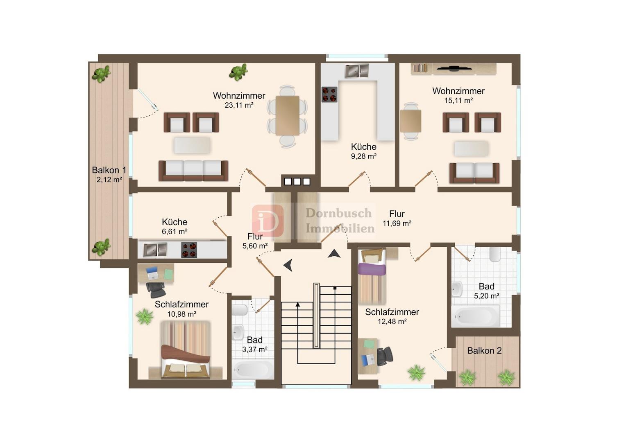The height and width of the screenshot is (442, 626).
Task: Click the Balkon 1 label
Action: (109, 170)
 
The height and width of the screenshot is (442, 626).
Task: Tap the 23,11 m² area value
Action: (239, 105)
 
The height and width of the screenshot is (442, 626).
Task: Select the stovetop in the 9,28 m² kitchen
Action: (329, 95)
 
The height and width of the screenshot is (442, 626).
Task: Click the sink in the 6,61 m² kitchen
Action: (155, 250)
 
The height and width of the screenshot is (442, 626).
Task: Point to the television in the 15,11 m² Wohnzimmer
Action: (454, 68)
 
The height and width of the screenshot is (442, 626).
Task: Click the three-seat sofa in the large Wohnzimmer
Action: (193, 171)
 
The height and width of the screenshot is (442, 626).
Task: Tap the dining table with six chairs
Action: (287, 115)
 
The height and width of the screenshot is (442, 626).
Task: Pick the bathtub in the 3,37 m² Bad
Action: (253, 370)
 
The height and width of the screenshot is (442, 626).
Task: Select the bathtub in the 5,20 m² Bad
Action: (476, 316)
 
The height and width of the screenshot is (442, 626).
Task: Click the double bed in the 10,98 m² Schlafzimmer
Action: (185, 350)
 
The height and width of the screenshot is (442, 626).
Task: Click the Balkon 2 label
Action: (484, 351)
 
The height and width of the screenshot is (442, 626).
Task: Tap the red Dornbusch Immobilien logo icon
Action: (268, 221)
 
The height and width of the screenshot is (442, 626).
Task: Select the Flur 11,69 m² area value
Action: (397, 223)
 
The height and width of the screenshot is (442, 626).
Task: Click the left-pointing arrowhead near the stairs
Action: (288, 265)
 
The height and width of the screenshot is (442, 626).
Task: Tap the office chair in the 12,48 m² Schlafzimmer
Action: (385, 356)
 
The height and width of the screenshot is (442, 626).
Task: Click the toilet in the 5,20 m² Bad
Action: (495, 254)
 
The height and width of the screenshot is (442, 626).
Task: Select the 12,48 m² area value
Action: (392, 322)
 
